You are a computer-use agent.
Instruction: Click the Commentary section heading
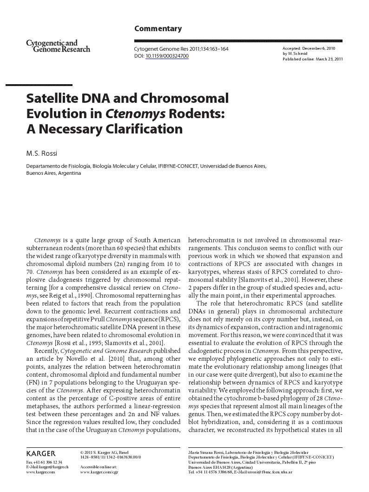click(x=158, y=29)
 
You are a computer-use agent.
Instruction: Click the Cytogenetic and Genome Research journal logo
click(x=58, y=46)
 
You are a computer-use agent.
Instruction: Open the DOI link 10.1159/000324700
click(x=167, y=56)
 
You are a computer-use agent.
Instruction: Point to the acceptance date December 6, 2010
click(x=318, y=48)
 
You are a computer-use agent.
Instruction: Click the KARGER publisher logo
click(x=41, y=453)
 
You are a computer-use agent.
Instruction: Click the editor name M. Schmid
click(x=297, y=53)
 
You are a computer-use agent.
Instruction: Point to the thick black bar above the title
click(x=39, y=85)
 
